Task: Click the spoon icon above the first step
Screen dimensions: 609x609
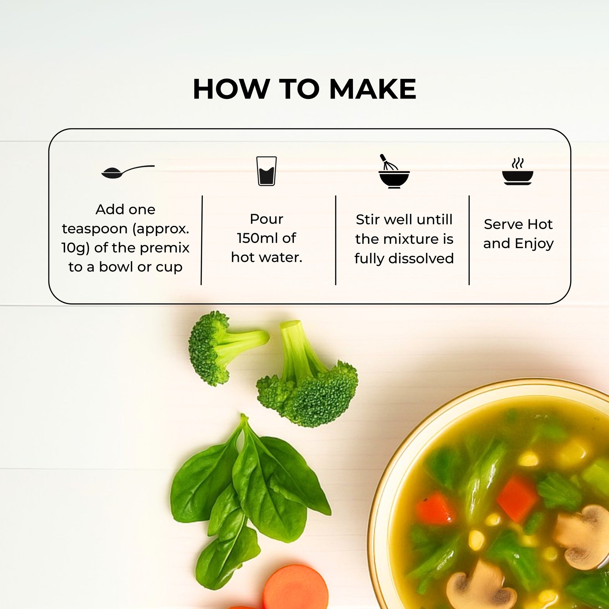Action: coord(128,172)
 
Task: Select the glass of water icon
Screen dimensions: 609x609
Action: coord(267,171)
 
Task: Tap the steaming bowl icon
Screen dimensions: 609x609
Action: coord(518,172)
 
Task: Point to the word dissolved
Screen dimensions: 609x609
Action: coord(421,258)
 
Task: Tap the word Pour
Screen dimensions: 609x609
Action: coord(267,219)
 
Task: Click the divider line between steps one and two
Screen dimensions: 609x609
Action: coord(202,240)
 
